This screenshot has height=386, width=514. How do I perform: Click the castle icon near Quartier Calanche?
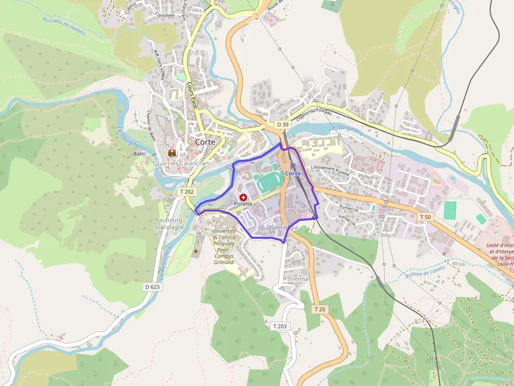(172, 153)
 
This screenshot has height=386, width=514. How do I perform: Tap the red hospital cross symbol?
(243, 196)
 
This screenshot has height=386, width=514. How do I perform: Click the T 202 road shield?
(187, 192)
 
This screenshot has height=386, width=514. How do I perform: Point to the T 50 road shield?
(425, 217)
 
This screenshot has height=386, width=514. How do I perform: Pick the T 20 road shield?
(320, 310)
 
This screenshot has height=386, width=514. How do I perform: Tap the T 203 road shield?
(280, 326)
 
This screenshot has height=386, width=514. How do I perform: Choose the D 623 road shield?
(153, 287)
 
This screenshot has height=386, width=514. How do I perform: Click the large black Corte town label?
(205, 142)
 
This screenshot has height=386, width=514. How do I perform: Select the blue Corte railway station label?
(293, 173)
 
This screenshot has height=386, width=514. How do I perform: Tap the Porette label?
(243, 203)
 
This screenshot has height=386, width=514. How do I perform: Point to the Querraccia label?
(282, 228)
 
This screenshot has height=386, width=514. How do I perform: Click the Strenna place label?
(298, 279)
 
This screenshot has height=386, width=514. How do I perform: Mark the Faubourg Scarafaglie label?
(168, 224)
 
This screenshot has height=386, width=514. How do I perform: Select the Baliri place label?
(139, 153)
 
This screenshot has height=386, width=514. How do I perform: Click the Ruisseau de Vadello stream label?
(63, 25)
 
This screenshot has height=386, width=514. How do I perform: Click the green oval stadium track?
(270, 182)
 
